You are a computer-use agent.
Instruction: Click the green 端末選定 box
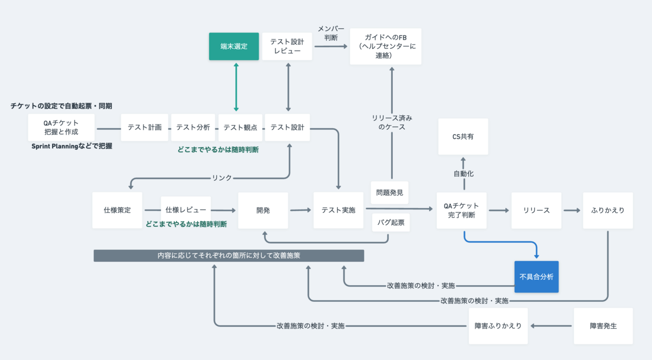tap(234, 46)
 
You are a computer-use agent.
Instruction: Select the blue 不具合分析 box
tap(536, 276)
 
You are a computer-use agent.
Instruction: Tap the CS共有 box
tap(463, 136)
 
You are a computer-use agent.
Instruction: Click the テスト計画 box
tap(145, 128)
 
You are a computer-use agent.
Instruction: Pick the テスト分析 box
tap(193, 128)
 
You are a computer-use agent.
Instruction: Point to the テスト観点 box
tap(240, 128)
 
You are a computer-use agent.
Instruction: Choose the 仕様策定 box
tap(117, 210)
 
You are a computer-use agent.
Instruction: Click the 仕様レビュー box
tap(186, 210)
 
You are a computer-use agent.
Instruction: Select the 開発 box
tap(263, 210)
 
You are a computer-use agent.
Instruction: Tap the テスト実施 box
tap(338, 210)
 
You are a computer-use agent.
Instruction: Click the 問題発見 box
tap(390, 193)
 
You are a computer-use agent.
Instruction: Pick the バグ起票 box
tap(391, 223)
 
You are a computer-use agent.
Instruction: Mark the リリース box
tap(536, 210)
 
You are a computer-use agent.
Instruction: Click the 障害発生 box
tap(603, 326)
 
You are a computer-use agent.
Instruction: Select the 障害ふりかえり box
tap(498, 326)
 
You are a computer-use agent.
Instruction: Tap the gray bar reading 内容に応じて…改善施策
tap(229, 256)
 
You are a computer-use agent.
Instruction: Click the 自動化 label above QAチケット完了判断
tap(463, 174)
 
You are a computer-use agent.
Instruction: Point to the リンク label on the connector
tap(222, 178)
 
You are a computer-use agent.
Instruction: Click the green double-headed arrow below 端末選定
tap(236, 87)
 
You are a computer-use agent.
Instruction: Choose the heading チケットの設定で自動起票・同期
tap(61, 106)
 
